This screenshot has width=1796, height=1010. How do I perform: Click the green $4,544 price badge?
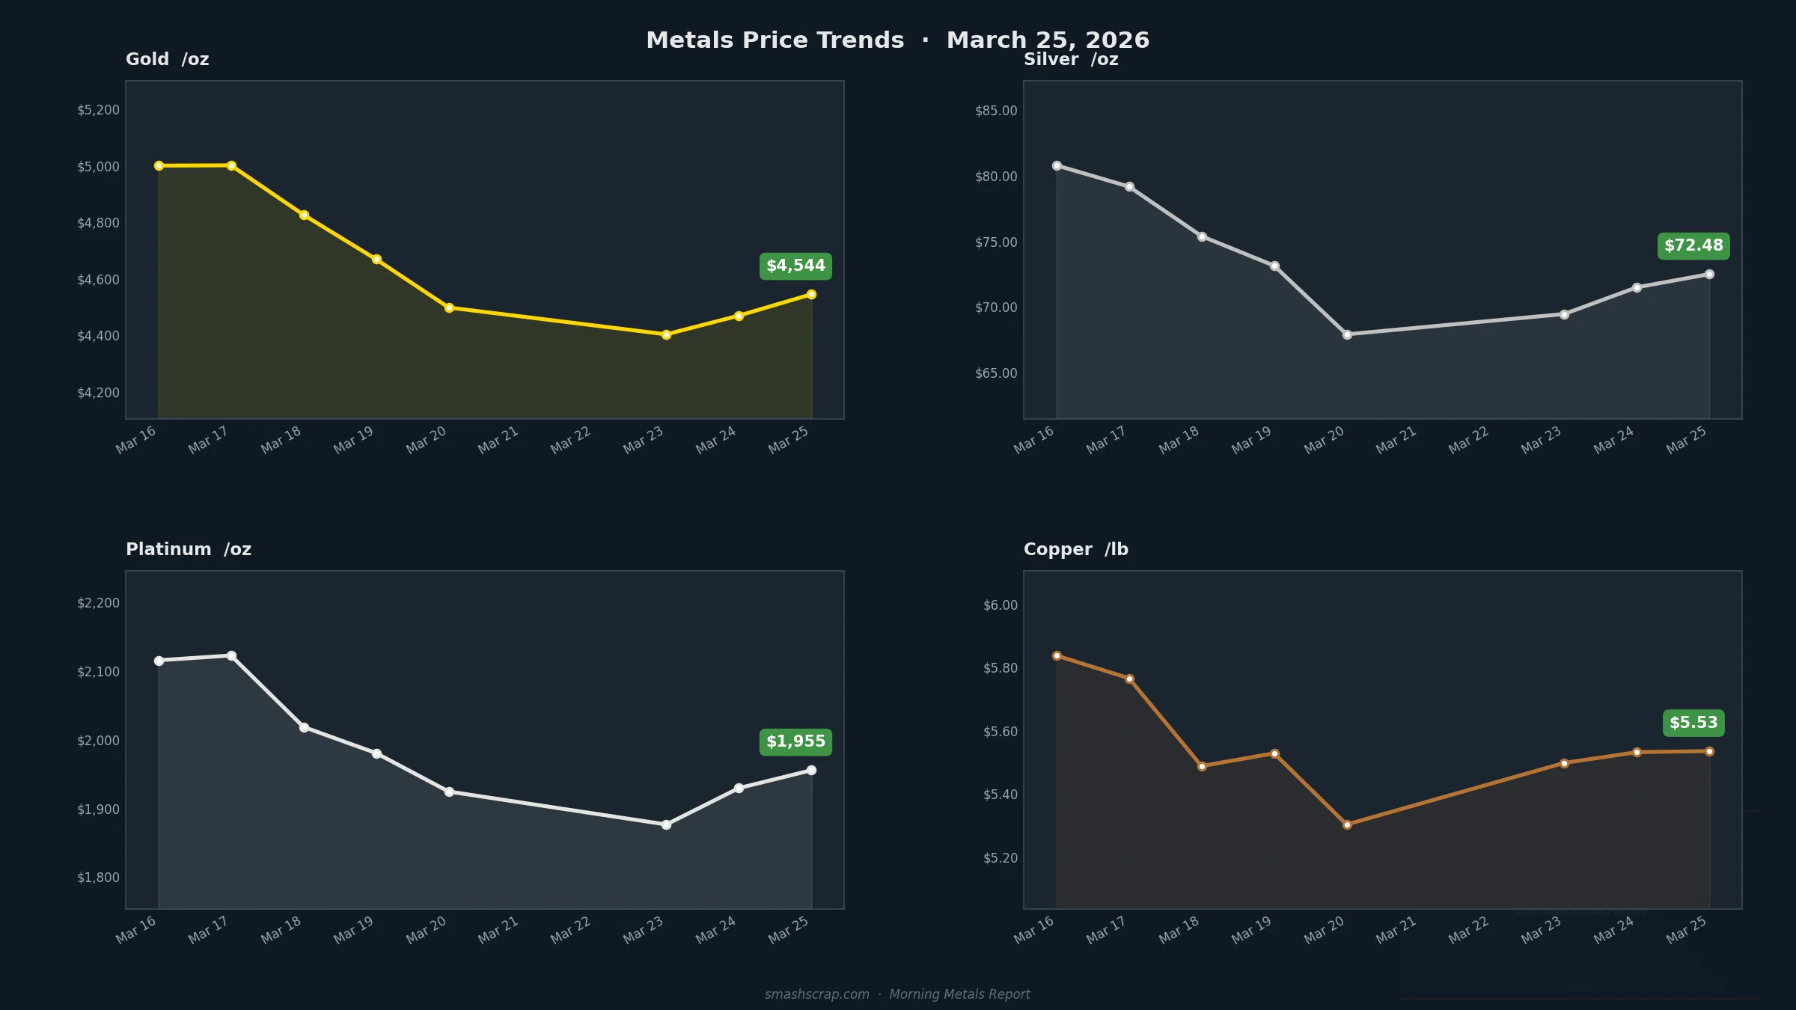point(795,266)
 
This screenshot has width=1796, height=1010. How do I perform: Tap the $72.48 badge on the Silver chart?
point(1693,246)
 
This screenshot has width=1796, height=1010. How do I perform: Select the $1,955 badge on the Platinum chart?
point(795,742)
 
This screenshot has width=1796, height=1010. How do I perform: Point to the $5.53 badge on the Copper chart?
point(1693,723)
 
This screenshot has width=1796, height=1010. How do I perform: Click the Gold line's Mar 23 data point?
point(666,335)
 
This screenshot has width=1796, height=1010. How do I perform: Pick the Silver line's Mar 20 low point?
point(1347,335)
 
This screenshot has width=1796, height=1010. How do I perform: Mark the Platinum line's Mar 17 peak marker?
point(231,656)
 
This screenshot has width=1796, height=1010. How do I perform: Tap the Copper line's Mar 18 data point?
point(1202,766)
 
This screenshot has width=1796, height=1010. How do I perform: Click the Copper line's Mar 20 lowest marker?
point(1347,824)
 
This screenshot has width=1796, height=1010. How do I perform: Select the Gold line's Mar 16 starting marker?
point(159,166)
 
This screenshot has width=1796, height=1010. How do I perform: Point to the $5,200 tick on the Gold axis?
point(98,111)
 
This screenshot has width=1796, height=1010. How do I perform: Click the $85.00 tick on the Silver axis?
point(996,111)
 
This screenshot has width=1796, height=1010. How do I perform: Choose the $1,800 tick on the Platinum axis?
point(98,878)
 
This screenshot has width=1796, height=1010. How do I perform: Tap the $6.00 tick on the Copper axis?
point(1000,605)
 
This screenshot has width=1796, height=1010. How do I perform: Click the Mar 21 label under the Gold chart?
point(498,441)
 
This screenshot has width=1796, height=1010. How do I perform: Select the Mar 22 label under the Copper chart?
point(1468,931)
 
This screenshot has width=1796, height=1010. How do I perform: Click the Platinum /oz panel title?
point(189,550)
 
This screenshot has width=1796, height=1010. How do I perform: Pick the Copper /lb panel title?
point(1075,550)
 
